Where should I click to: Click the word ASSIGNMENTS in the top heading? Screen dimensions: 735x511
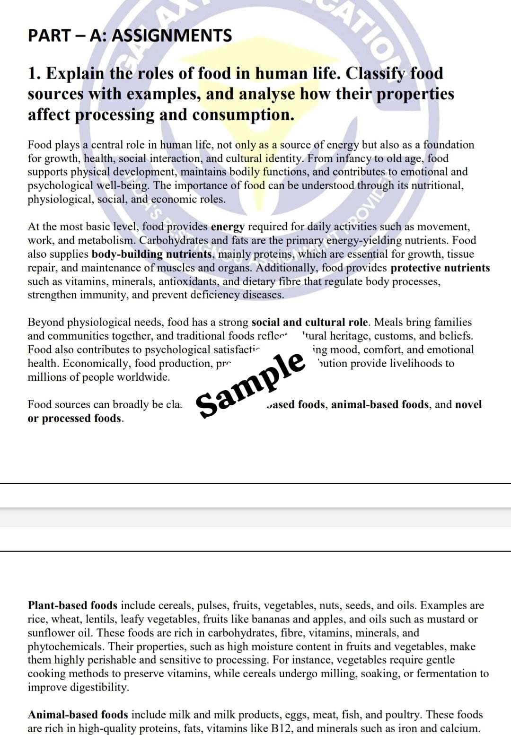point(172,35)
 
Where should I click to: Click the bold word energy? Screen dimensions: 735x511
point(228,227)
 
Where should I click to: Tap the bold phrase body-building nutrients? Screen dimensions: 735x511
point(151,254)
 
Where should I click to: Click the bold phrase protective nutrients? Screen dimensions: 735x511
point(440,268)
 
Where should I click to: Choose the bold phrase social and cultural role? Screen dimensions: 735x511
point(309,322)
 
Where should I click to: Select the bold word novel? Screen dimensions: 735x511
point(468,404)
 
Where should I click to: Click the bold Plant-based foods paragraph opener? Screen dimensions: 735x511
point(72,605)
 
